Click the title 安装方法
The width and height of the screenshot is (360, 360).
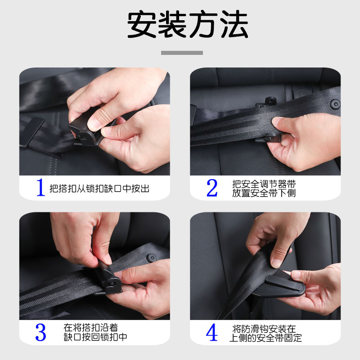(188, 25)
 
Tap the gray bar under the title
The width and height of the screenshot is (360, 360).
(182, 53)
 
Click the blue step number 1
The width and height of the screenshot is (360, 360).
(40, 187)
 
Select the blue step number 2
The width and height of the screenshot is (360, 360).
(212, 188)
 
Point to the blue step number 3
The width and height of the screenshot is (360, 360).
(40, 332)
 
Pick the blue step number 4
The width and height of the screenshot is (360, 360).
(211, 332)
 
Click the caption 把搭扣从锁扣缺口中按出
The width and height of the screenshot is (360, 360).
(99, 189)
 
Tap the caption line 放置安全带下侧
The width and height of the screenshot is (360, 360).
(264, 193)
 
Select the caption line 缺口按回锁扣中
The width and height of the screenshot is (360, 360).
(95, 337)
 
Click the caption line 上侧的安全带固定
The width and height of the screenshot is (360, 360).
(265, 338)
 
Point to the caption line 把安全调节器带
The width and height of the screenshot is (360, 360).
(264, 184)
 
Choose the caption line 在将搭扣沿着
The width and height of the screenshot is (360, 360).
(91, 328)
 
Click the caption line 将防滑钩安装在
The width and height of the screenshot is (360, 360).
(264, 329)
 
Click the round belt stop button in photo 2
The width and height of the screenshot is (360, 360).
(335, 104)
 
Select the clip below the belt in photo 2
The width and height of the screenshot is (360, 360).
(269, 138)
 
